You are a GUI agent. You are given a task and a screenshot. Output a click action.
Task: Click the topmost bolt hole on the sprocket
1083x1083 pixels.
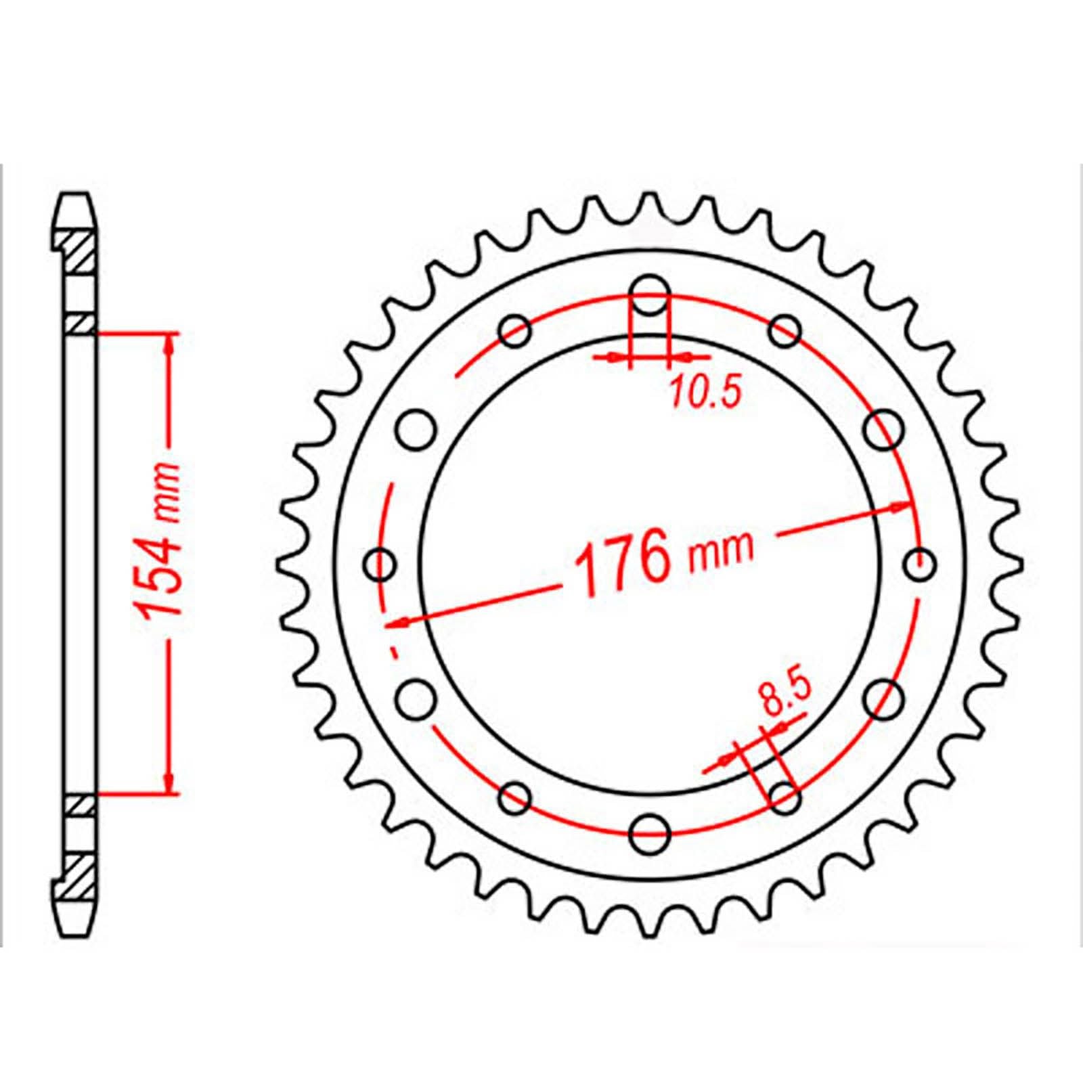pyautogui.click(x=650, y=295)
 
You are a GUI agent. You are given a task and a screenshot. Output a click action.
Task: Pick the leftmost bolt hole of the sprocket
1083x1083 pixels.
pyautogui.click(x=380, y=564)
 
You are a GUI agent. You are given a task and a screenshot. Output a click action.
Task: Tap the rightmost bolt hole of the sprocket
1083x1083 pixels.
pyautogui.click(x=919, y=564)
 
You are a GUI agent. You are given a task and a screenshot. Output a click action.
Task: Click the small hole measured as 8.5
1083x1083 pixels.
pyautogui.click(x=784, y=797)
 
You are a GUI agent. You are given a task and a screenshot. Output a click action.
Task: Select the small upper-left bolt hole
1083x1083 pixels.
pyautogui.click(x=515, y=331)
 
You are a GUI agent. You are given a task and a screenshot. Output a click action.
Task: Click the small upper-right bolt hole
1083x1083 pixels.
pyautogui.click(x=784, y=331)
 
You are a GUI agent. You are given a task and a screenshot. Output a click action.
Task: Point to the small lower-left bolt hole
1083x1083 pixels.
pyautogui.click(x=515, y=797)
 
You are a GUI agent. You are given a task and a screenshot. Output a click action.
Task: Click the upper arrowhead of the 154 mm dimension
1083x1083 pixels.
pyautogui.click(x=169, y=342)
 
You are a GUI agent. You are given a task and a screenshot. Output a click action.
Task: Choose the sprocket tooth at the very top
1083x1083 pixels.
pyautogui.click(x=650, y=201)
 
